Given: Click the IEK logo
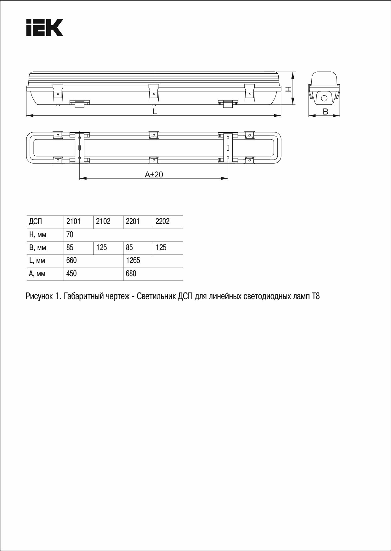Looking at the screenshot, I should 45,27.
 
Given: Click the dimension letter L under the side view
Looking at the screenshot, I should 155,111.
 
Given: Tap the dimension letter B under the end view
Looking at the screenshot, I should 326,111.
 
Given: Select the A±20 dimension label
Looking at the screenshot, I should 154,175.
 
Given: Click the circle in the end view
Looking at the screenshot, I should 324,98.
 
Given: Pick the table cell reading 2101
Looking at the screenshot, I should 73,221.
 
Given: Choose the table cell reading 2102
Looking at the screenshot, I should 103,221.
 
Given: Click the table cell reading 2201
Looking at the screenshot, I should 133,221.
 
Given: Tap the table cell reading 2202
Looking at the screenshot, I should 162,221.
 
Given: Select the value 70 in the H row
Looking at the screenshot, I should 70,235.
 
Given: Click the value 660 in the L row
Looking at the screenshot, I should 71,260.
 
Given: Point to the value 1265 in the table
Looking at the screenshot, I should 133,260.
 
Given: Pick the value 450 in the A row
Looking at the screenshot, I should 71,274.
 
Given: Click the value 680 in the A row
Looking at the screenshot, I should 131,274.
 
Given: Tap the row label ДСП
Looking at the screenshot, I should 35,222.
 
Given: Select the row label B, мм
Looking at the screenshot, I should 37,248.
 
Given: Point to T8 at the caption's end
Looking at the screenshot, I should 316,296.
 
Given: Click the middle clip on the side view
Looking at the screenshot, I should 153,90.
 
